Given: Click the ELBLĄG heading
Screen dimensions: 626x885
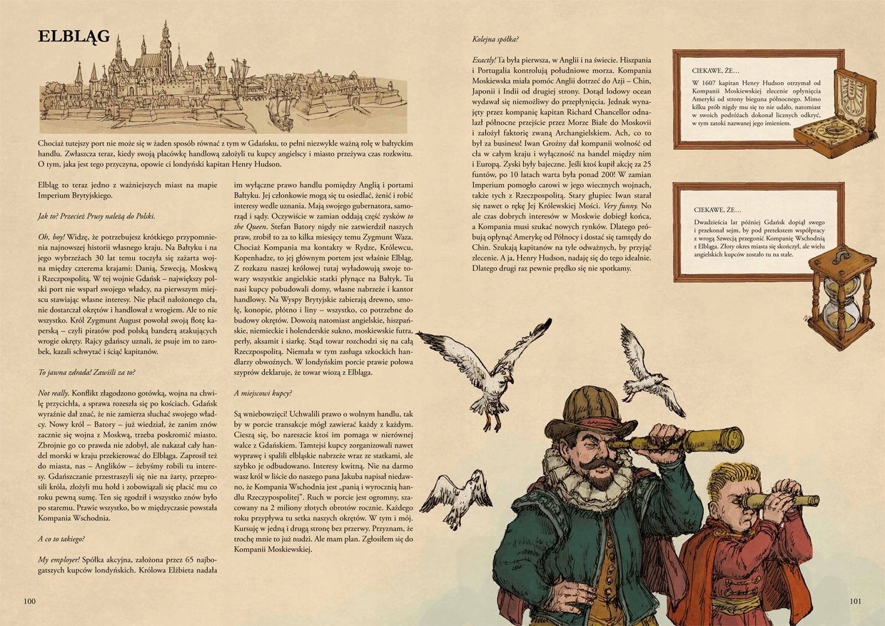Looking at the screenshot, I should (x=74, y=36).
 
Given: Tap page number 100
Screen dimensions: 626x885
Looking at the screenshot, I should (x=29, y=601).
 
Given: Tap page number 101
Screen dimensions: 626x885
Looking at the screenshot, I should (x=856, y=601).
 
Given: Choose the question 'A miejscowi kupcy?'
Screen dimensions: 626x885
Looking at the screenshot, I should (x=263, y=393).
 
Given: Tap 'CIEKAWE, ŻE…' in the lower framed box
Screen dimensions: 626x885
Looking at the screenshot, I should (x=717, y=210).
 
